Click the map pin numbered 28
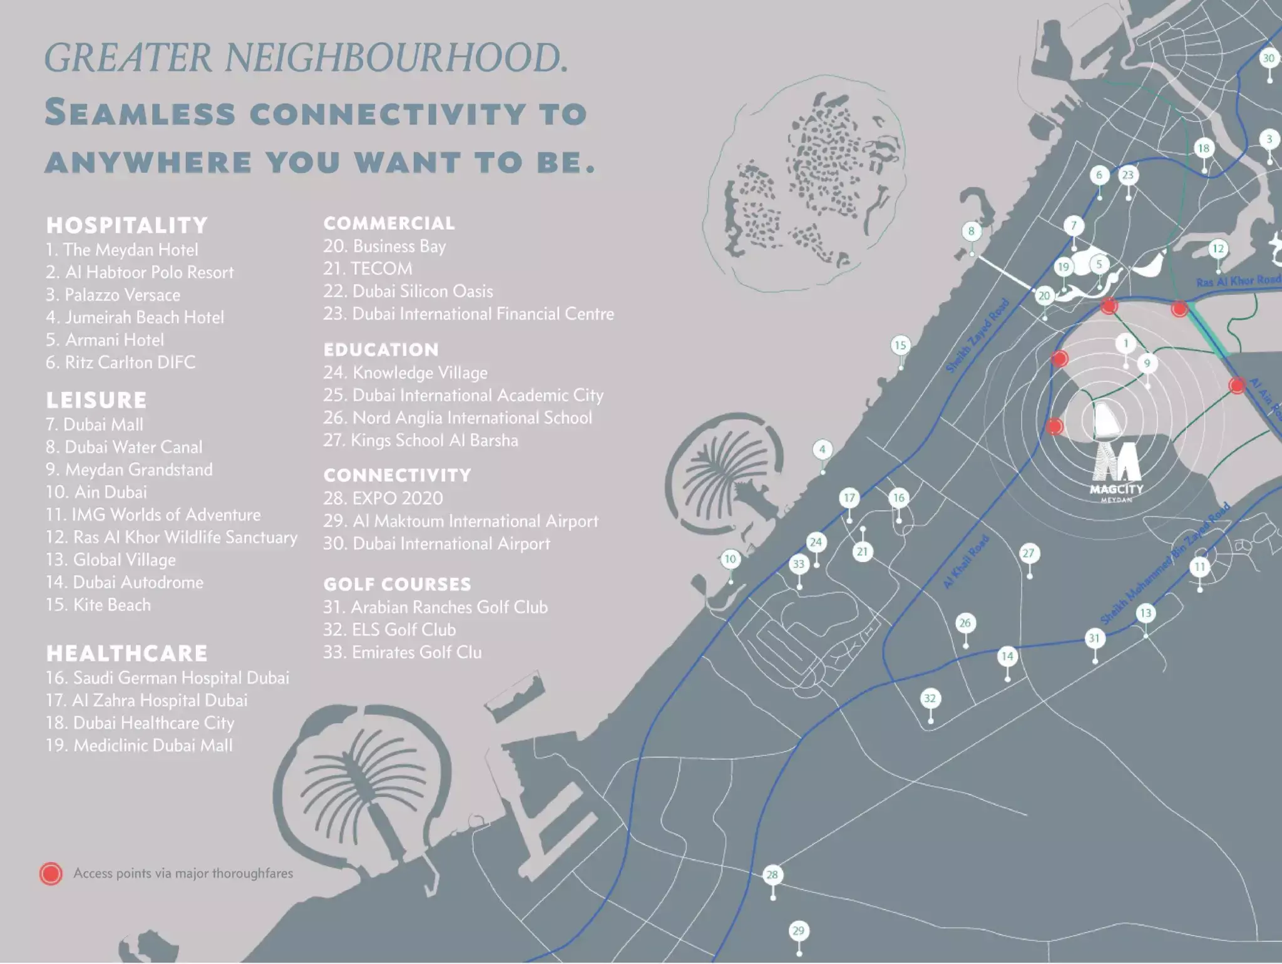click(x=772, y=875)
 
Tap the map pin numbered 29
click(x=798, y=931)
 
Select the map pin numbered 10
click(x=730, y=560)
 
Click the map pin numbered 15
click(x=900, y=346)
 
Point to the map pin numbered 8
click(x=971, y=232)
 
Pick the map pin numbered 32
click(x=930, y=699)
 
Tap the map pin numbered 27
click(x=1028, y=553)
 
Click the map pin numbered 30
click(x=1268, y=59)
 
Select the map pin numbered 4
click(x=823, y=449)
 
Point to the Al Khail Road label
click(x=965, y=562)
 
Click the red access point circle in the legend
click(x=51, y=873)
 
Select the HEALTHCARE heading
click(x=126, y=654)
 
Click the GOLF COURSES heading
click(x=397, y=585)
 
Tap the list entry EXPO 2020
click(x=397, y=498)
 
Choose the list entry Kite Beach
click(x=111, y=605)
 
